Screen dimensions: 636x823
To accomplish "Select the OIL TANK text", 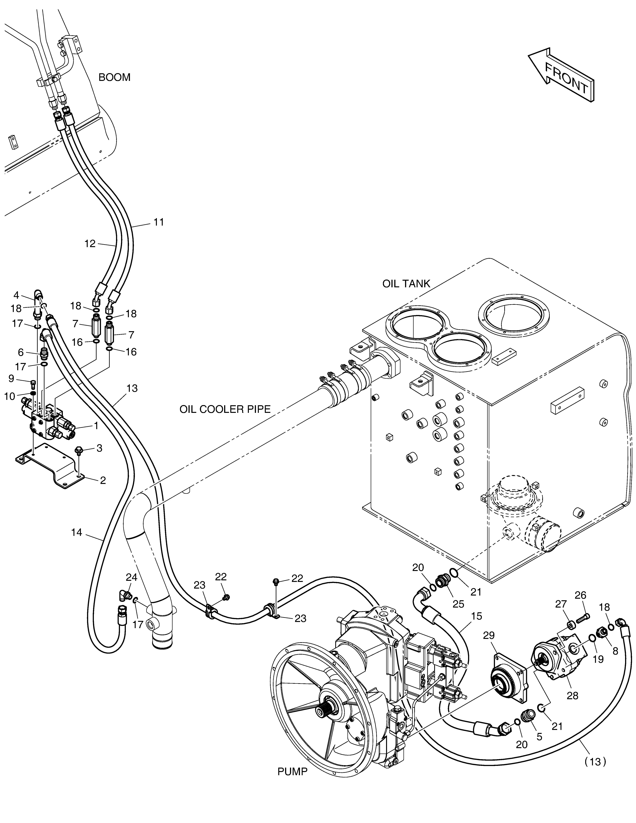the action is pyautogui.click(x=406, y=284).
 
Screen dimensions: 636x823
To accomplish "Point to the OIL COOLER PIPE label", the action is pyautogui.click(x=225, y=409).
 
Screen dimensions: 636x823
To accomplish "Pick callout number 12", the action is pyautogui.click(x=90, y=244).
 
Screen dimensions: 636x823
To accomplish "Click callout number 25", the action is pyautogui.click(x=458, y=604).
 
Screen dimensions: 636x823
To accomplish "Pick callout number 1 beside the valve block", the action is pyautogui.click(x=96, y=426).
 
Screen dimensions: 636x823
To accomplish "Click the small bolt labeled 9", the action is pyautogui.click(x=33, y=384).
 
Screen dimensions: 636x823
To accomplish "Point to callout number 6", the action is pyautogui.click(x=21, y=352).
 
